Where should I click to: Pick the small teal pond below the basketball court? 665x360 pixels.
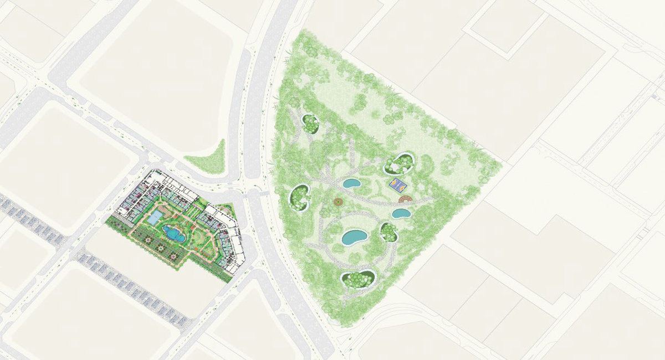401,213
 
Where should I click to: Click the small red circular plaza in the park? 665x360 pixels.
338,203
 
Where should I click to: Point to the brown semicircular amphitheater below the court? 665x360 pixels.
405,198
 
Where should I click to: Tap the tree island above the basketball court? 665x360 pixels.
400,163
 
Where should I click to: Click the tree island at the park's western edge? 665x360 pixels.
300,197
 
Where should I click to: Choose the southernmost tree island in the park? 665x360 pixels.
359,278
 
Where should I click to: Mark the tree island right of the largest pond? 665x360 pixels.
389,232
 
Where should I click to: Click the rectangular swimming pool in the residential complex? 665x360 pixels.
155,217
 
